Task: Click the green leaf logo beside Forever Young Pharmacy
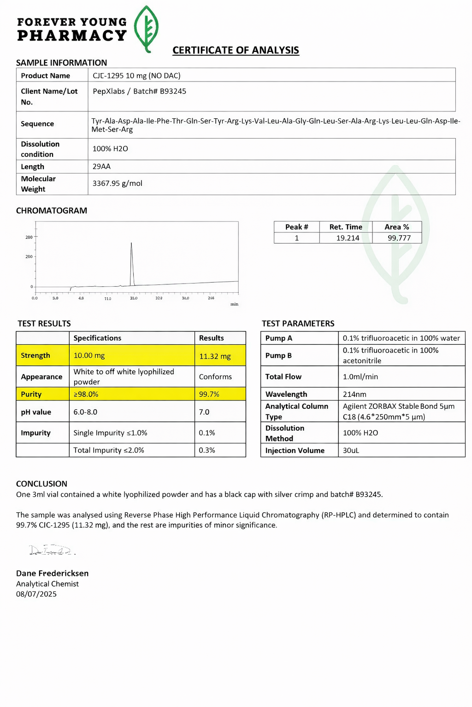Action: (x=146, y=29)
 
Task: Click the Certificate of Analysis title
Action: (x=236, y=50)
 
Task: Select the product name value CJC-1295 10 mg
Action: (x=136, y=75)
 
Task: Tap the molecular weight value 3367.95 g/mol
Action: (x=117, y=183)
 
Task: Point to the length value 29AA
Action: (x=101, y=167)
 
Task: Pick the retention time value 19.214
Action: (x=348, y=238)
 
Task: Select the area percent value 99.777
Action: (x=399, y=238)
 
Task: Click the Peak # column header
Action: (x=296, y=227)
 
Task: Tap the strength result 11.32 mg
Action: (x=215, y=356)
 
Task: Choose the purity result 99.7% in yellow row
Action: (x=209, y=394)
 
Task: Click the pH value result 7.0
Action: (x=204, y=412)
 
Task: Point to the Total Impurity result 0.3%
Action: (x=207, y=450)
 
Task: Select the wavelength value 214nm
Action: (x=354, y=394)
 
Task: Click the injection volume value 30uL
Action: (x=351, y=451)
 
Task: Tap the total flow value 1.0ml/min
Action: (x=360, y=377)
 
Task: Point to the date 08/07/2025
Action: (x=36, y=594)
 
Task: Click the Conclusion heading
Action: (x=41, y=484)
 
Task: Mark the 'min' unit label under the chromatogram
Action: (x=234, y=304)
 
